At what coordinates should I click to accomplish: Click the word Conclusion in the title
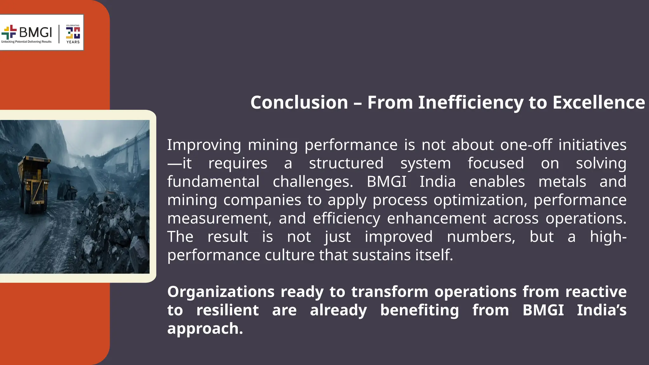click(299, 103)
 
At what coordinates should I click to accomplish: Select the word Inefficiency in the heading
click(470, 103)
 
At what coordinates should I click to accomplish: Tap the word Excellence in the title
click(599, 103)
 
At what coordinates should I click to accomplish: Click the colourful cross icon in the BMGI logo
click(9, 32)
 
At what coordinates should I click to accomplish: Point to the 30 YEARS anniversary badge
click(73, 33)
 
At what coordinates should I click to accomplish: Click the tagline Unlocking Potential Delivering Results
click(26, 42)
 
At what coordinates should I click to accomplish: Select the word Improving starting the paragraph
click(204, 145)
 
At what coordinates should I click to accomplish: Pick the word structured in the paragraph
click(346, 163)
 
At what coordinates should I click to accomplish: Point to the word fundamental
click(213, 182)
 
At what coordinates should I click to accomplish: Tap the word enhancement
click(436, 219)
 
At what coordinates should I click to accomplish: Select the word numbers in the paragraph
click(481, 237)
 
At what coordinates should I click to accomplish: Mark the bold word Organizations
click(221, 292)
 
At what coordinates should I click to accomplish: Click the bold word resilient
click(227, 310)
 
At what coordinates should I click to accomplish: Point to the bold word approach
click(205, 329)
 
